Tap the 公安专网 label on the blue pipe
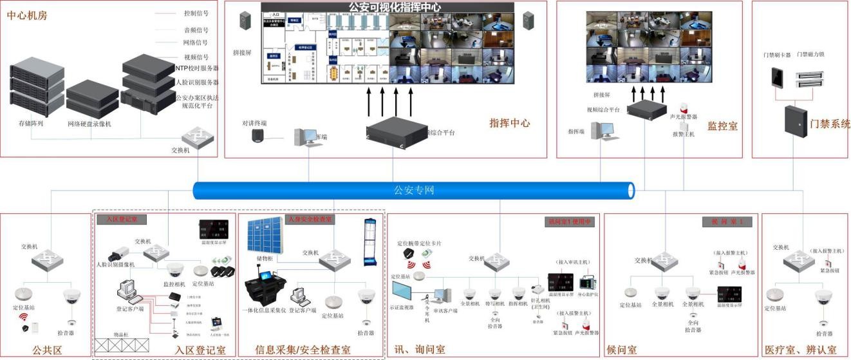414,190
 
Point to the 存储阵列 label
31,122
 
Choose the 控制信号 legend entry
196,13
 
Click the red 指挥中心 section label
509,122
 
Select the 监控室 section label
722,126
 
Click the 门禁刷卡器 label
776,55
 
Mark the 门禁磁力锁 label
810,55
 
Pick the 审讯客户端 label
445,310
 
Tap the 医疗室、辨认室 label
801,350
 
